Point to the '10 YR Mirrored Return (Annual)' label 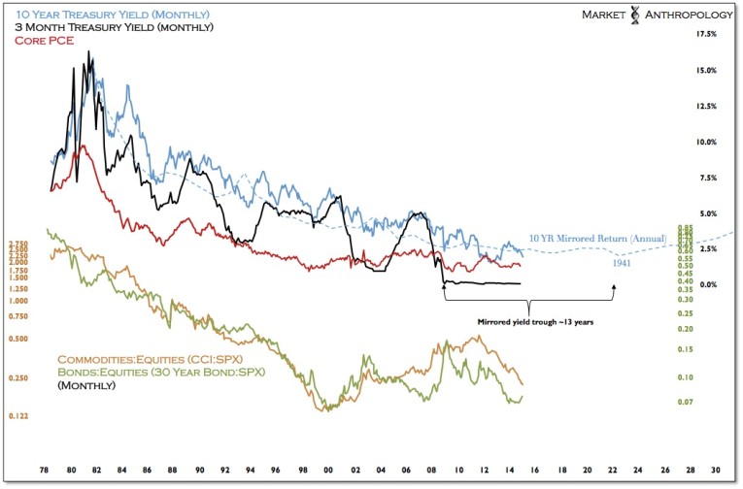(597, 238)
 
